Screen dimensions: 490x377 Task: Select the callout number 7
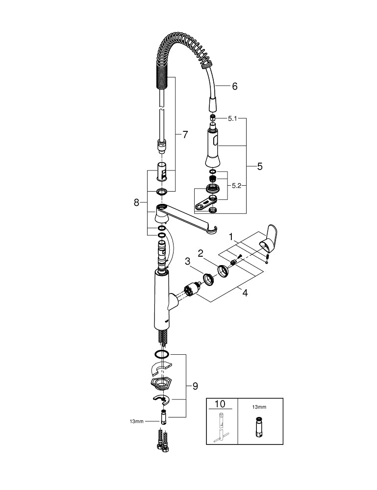pos(185,135)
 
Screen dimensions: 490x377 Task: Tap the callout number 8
pos(137,202)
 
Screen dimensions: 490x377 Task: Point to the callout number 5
pos(259,167)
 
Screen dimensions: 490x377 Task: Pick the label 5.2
pos(237,186)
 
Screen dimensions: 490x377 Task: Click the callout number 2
pos(200,253)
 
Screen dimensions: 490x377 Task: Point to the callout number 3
pos(187,262)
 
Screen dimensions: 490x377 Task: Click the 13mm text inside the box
pos(259,407)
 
